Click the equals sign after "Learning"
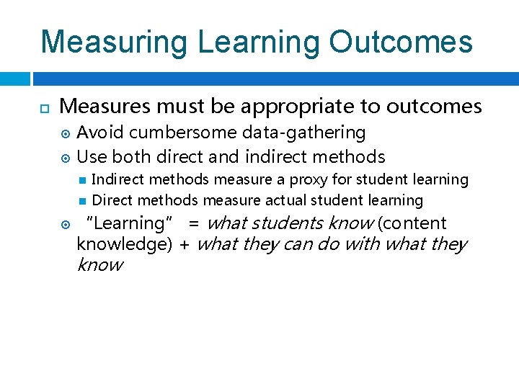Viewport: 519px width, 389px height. click(193, 223)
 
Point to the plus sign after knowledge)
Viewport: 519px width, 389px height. click(184, 244)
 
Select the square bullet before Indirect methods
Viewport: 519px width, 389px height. click(83, 180)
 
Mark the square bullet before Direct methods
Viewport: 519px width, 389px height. click(83, 200)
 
